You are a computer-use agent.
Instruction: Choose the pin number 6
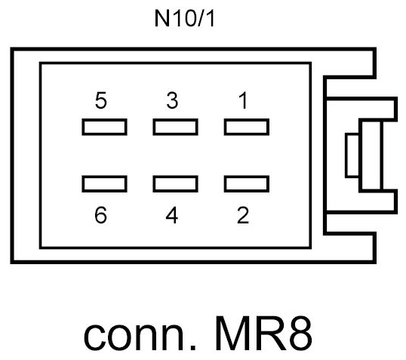(102, 215)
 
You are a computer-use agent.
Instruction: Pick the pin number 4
(172, 215)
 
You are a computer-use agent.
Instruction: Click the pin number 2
(242, 215)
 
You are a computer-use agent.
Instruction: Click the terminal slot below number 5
(103, 127)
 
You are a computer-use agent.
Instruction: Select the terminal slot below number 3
(174, 127)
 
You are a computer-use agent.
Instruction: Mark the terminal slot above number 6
(103, 183)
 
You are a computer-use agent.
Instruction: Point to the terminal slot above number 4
(174, 183)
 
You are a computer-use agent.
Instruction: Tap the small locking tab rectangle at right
(352, 155)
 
